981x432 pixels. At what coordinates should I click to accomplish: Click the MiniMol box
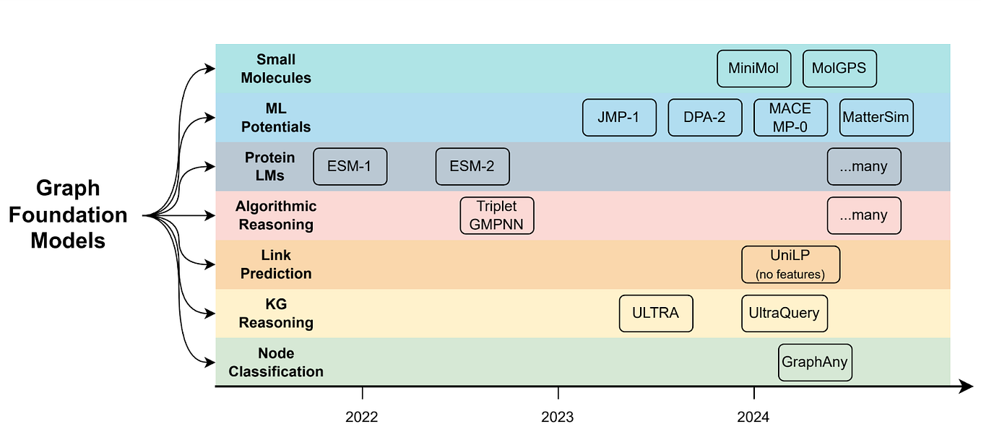[753, 69]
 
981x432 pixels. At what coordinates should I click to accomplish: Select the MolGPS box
[839, 69]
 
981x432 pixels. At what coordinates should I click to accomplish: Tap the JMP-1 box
[619, 117]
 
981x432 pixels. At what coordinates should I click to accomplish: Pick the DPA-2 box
[705, 117]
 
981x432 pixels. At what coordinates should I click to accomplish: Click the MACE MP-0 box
[790, 117]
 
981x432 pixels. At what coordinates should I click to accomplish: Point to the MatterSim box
[876, 117]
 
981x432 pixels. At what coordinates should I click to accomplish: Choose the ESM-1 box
[350, 166]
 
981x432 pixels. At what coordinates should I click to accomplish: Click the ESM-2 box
[472, 166]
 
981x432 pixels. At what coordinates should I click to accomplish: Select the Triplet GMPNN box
[497, 215]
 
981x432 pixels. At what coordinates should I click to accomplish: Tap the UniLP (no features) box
[790, 264]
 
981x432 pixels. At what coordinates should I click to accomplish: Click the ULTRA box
[656, 313]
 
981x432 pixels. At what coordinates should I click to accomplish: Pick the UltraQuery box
[785, 313]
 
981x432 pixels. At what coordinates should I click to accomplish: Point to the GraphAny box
[815, 362]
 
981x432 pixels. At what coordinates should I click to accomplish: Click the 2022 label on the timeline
[361, 417]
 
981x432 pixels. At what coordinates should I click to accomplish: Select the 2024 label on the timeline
[753, 417]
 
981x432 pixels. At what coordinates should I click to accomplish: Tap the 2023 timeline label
[558, 417]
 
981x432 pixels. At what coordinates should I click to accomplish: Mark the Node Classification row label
[276, 362]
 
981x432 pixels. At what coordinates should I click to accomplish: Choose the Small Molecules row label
[276, 69]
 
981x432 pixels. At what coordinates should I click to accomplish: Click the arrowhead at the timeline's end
[967, 388]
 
